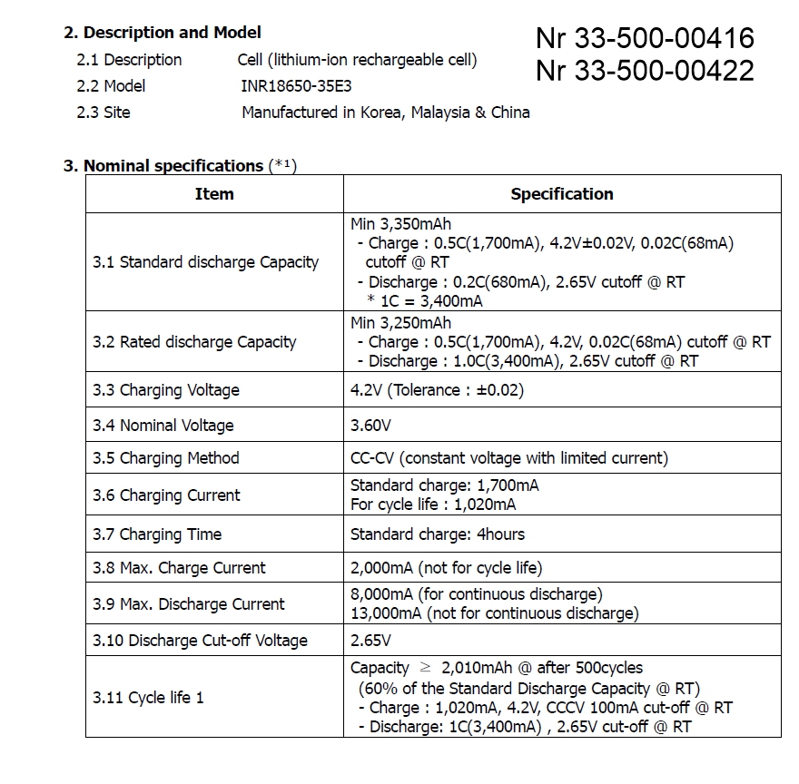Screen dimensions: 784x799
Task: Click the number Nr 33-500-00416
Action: [645, 38]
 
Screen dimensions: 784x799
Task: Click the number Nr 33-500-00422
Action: [645, 70]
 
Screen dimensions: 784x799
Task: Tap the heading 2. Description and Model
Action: [162, 33]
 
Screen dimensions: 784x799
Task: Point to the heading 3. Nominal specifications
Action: [173, 165]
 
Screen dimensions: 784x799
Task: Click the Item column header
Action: [214, 193]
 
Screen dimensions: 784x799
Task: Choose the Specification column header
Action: [561, 193]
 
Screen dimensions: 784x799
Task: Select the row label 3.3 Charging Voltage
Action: [166, 390]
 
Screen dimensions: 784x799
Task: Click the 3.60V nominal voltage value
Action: [371, 425]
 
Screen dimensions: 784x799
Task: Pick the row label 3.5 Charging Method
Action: [166, 458]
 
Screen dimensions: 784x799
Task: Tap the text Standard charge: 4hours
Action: [437, 534]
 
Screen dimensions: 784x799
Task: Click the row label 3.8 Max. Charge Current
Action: [179, 568]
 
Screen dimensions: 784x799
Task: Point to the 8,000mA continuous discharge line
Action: [476, 594]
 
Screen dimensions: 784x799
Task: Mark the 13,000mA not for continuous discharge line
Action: [494, 613]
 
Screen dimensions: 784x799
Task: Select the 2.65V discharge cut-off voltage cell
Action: [370, 641]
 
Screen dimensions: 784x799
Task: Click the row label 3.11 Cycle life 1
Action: [148, 698]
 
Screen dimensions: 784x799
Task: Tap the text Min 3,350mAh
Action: [400, 223]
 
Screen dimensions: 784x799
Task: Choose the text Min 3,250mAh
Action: [400, 323]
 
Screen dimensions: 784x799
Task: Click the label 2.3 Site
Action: [104, 113]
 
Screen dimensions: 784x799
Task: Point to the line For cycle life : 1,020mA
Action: [433, 505]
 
